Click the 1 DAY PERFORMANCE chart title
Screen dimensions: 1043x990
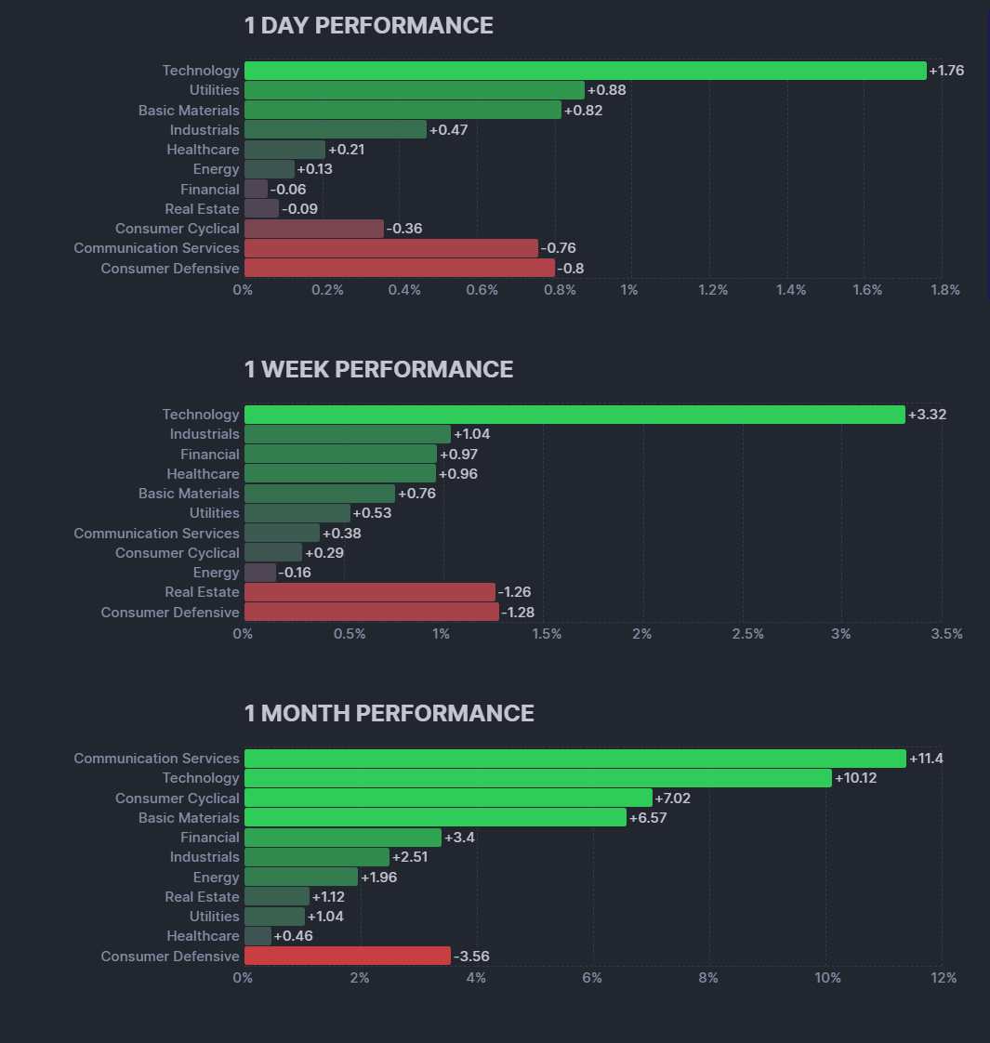368,26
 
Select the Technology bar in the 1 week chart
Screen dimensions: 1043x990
574,415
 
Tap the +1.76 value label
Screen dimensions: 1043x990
946,71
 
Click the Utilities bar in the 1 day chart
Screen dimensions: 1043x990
415,90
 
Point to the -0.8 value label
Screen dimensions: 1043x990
570,269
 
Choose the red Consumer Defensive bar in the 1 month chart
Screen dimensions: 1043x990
348,956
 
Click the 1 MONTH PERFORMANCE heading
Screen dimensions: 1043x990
389,714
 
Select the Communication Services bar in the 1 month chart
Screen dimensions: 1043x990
574,759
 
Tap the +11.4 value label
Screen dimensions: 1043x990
926,759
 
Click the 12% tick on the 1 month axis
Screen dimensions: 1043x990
943,978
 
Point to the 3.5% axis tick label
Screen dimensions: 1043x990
946,634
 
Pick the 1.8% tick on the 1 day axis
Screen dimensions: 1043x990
944,290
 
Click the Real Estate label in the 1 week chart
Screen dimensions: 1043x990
202,592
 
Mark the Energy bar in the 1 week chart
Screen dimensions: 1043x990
260,573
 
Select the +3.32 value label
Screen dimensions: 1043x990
927,415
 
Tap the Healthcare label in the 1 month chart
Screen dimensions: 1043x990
203,936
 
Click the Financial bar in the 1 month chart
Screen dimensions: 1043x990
343,838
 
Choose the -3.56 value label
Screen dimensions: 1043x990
472,956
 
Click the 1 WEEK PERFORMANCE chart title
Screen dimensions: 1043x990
378,370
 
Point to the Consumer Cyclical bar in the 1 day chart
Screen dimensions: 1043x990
314,229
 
